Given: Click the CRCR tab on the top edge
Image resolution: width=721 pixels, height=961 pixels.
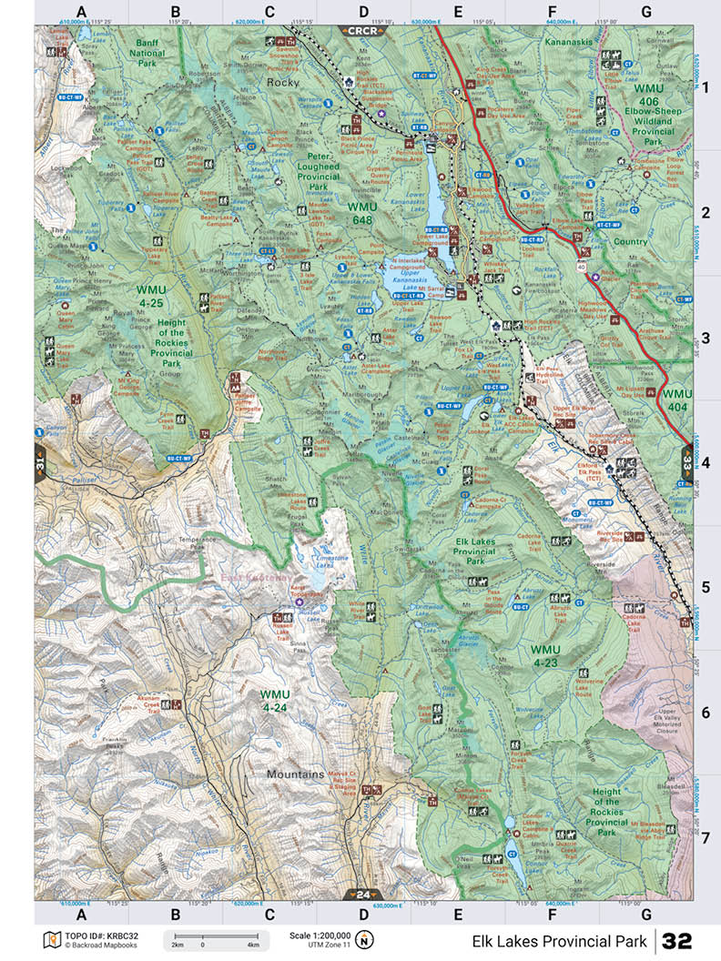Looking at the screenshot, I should click(x=363, y=31).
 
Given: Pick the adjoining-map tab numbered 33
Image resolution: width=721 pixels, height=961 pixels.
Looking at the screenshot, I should click(x=686, y=460).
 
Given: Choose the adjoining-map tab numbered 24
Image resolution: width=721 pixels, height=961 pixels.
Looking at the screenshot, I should click(x=362, y=894).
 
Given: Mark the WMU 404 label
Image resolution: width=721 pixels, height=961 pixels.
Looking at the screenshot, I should click(x=677, y=400).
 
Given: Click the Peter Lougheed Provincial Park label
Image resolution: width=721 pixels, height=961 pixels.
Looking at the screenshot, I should click(x=318, y=171).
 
